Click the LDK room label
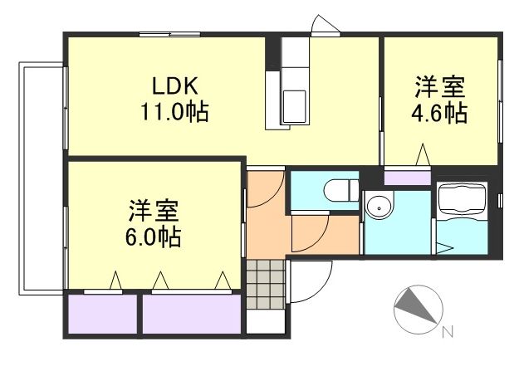[174, 86]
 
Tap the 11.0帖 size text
[174, 110]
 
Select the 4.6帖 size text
[440, 113]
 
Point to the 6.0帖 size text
[154, 237]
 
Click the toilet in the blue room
[335, 190]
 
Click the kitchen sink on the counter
[295, 105]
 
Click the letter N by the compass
[448, 334]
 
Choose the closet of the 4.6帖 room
[407, 177]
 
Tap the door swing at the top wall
[325, 25]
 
